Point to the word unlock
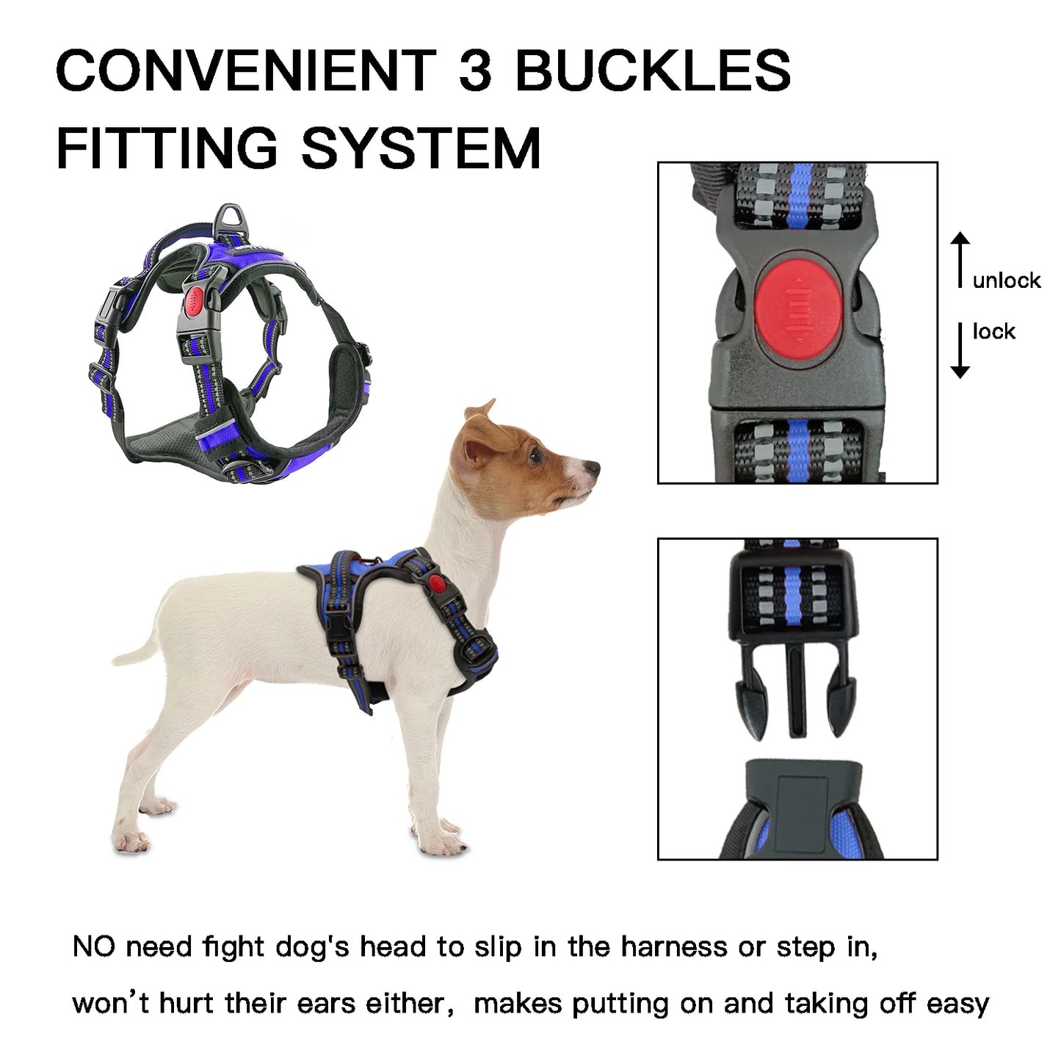coord(1006,280)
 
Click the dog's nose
coord(593,466)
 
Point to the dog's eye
coord(535,456)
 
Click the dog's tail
coord(136,651)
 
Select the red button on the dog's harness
coord(438,584)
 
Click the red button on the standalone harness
coord(195,300)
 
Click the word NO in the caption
coord(94,947)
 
